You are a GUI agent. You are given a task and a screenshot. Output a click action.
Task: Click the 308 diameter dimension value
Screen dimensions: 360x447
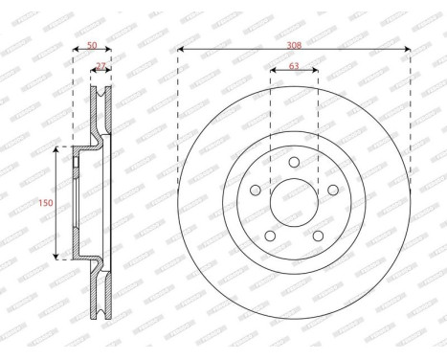294,44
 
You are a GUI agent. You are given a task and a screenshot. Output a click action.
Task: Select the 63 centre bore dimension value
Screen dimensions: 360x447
294,68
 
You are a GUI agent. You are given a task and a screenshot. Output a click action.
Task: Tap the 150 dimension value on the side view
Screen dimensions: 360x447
45,202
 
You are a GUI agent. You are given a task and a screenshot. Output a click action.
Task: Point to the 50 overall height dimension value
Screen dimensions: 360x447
92,44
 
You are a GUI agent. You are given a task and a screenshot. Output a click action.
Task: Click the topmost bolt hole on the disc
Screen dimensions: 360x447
294,162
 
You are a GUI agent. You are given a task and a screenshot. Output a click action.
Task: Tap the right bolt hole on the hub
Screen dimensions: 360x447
333,191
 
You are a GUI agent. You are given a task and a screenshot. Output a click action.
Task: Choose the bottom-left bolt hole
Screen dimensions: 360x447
269,236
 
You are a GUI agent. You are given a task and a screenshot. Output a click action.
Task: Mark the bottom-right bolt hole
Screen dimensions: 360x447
318,236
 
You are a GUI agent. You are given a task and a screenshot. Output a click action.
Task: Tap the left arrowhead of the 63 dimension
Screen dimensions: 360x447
273,75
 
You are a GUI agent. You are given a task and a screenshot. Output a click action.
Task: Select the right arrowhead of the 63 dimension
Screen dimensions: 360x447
315,75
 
